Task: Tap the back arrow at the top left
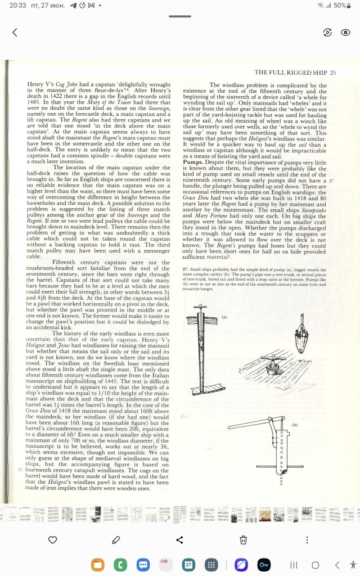pyautogui.click(x=15, y=33)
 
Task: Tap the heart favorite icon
pyautogui.click(x=52, y=540)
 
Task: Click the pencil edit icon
pyautogui.click(x=116, y=540)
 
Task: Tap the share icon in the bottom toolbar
pyautogui.click(x=180, y=540)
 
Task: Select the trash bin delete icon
pyautogui.click(x=243, y=540)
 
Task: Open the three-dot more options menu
pyautogui.click(x=307, y=540)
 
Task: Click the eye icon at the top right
pyautogui.click(x=346, y=33)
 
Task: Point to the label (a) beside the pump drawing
pyautogui.click(x=224, y=317)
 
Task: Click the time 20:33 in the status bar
pyautogui.click(x=18, y=5)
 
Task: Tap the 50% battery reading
pyautogui.click(x=339, y=5)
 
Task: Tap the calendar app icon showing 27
pyautogui.click(x=188, y=564)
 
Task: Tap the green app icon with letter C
pyautogui.click(x=120, y=564)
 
